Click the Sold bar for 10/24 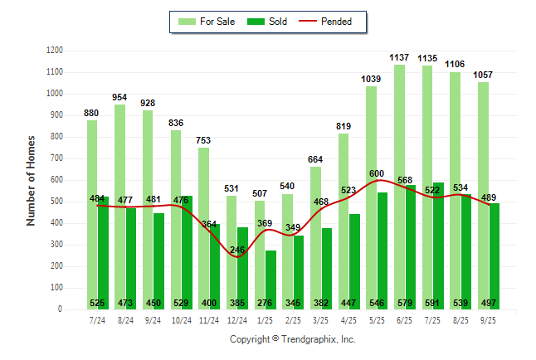coord(187,249)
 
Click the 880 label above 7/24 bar coord(91,113)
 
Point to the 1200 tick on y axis coord(55,51)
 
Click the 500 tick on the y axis coord(57,202)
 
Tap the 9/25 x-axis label coord(489,319)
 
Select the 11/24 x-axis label coord(209,319)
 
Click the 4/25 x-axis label coord(349,319)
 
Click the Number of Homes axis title coord(31,180)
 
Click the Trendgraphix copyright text coord(292,340)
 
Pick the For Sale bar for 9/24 coord(148,207)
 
